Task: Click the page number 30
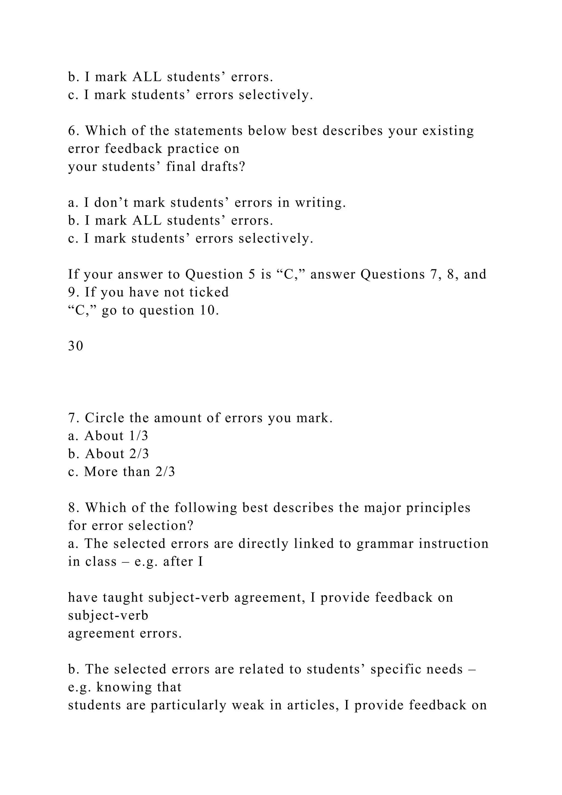click(75, 346)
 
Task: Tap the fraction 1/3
click(138, 436)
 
